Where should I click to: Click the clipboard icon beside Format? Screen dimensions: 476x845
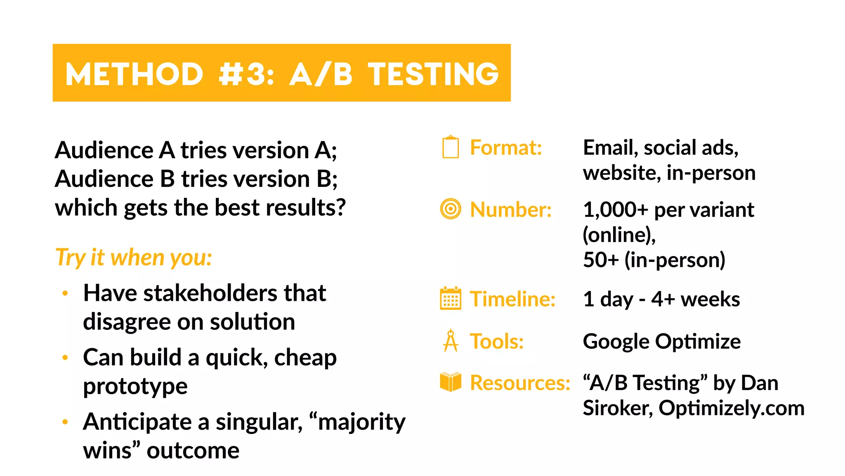click(451, 147)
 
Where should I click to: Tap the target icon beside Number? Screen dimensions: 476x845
click(451, 209)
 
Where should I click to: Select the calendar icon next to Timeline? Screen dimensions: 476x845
click(451, 298)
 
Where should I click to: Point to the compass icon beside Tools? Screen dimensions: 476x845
click(451, 341)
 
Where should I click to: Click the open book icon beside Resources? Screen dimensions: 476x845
click(451, 381)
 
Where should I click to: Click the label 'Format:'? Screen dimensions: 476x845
click(506, 148)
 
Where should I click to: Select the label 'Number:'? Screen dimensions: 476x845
click(511, 209)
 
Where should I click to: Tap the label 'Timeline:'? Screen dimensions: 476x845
click(513, 299)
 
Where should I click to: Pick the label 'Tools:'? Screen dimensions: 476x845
click(497, 341)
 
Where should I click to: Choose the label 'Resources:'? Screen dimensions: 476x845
click(520, 382)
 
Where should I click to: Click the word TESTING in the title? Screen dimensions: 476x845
click(433, 74)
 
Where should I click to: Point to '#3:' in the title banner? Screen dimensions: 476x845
click(246, 74)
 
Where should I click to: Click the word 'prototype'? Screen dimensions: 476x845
click(135, 386)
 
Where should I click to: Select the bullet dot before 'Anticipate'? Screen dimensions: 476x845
click(65, 422)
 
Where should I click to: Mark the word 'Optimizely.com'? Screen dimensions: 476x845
click(732, 408)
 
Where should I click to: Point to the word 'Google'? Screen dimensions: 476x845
click(616, 341)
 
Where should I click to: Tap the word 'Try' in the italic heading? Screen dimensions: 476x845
click(71, 258)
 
